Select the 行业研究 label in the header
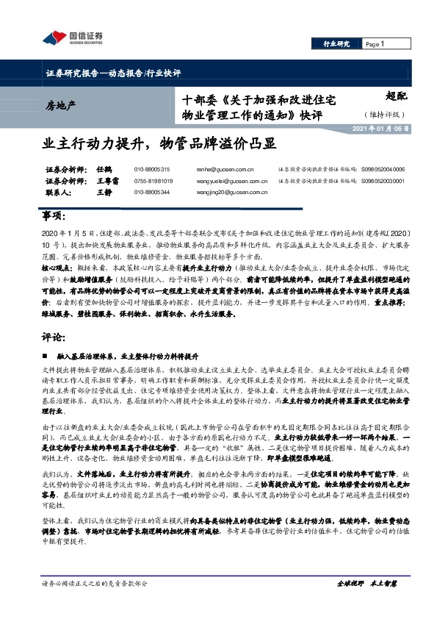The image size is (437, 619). point(337,45)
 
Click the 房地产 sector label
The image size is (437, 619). point(62,107)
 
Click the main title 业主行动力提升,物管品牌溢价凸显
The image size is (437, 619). point(159,143)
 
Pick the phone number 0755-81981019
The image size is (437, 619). point(154,181)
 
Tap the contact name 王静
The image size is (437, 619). point(103,192)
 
